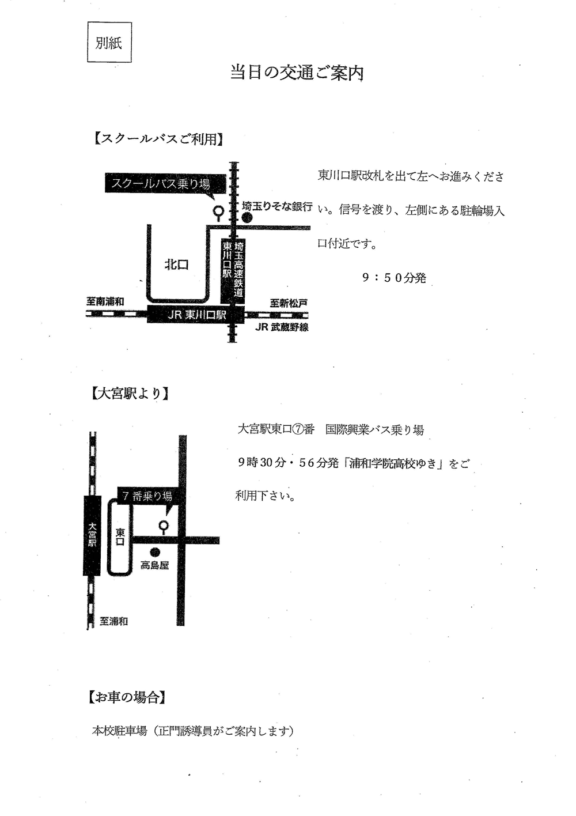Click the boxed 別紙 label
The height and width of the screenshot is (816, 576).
[109, 42]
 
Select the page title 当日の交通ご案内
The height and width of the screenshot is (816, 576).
[297, 73]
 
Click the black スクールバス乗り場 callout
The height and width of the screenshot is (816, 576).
[165, 184]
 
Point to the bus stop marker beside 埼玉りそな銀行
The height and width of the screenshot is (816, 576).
[218, 213]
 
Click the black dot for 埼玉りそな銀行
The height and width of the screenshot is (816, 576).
[247, 218]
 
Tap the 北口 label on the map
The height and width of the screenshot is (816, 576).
[177, 265]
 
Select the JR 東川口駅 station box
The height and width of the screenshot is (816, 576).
[196, 315]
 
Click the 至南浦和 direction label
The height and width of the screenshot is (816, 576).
[105, 301]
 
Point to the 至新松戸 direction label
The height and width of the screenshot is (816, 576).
[289, 303]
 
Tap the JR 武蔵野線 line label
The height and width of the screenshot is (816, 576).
[282, 327]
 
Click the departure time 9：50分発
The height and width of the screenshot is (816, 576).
[394, 278]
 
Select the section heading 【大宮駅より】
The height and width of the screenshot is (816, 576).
[129, 394]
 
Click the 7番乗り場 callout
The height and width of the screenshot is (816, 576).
[148, 496]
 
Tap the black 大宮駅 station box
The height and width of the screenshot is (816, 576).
[92, 535]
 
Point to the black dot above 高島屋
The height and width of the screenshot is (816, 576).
[156, 553]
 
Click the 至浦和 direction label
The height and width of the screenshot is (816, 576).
[113, 621]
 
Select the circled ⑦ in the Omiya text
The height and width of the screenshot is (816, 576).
[297, 429]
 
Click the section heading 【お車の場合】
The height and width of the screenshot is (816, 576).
[127, 698]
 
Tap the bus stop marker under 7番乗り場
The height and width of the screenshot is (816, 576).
[164, 527]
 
